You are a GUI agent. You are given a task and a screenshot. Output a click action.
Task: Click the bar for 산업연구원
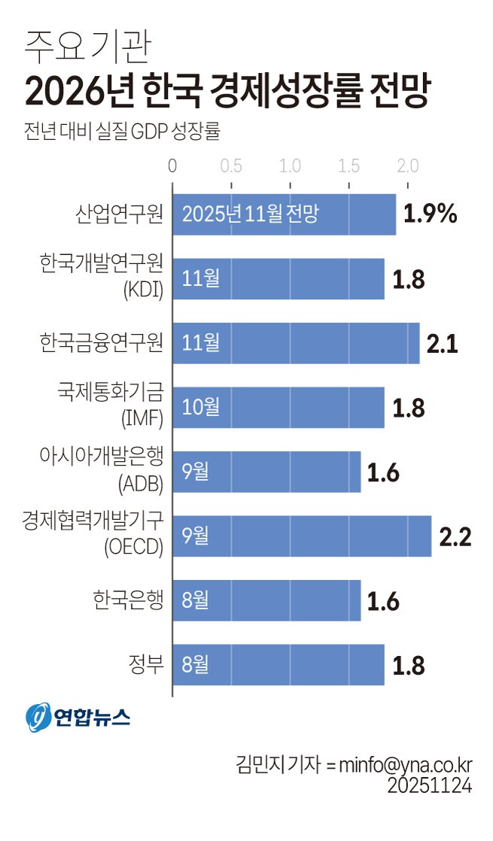[285, 214]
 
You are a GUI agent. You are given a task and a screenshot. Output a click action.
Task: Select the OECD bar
[302, 536]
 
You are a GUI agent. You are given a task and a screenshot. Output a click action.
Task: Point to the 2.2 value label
[455, 537]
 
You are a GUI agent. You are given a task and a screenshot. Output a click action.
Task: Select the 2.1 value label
[443, 344]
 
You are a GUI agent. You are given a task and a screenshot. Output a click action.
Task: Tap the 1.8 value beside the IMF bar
[409, 408]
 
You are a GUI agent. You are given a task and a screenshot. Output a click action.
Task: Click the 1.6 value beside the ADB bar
[383, 472]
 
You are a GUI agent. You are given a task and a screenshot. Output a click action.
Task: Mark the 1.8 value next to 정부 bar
[409, 666]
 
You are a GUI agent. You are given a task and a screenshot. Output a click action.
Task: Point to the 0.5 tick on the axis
[231, 165]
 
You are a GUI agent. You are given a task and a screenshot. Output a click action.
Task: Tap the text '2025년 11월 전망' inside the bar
[251, 214]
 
